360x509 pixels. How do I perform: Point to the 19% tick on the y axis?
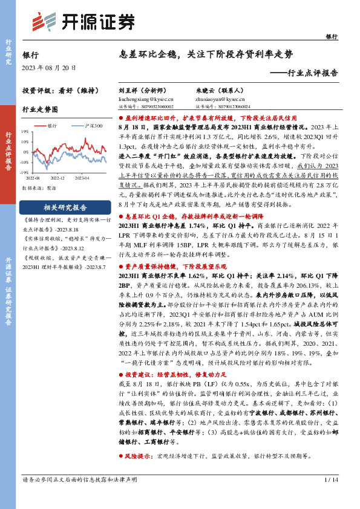pos(25,131)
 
